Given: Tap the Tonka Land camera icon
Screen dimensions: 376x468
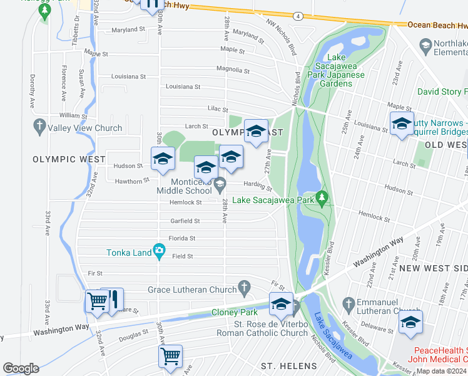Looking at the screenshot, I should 160,252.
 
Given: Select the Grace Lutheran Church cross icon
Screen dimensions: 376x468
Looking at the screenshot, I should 245,289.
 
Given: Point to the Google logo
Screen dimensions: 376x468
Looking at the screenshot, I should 21,368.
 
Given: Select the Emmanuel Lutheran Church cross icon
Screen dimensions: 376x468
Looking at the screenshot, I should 349,305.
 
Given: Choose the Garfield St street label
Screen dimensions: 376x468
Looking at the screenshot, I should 185,221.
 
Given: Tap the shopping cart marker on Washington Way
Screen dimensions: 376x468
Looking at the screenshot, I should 97,302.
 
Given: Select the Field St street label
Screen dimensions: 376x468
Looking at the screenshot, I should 183,256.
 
